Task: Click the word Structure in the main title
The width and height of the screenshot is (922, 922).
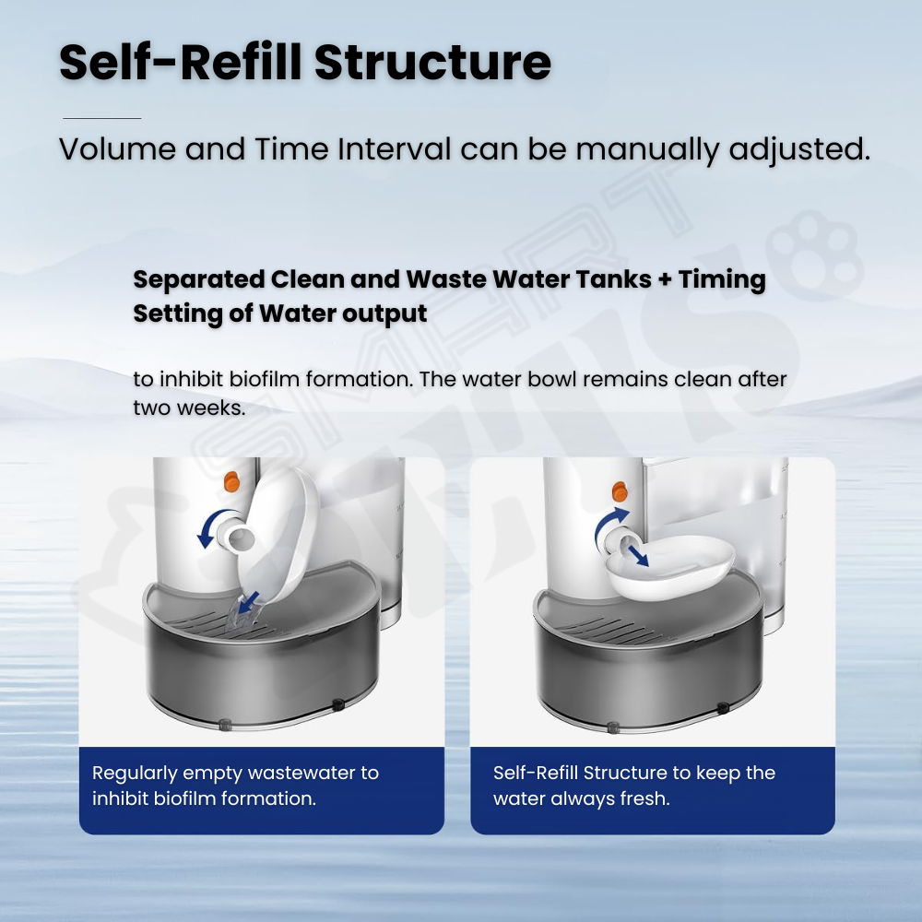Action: (x=432, y=62)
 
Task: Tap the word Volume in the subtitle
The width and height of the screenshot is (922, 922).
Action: (x=118, y=148)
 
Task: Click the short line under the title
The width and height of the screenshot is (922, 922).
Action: (x=101, y=118)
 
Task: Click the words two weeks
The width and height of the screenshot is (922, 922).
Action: (x=189, y=408)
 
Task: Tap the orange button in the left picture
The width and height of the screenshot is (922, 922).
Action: (x=231, y=481)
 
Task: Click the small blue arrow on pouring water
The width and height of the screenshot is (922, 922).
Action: (x=249, y=601)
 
